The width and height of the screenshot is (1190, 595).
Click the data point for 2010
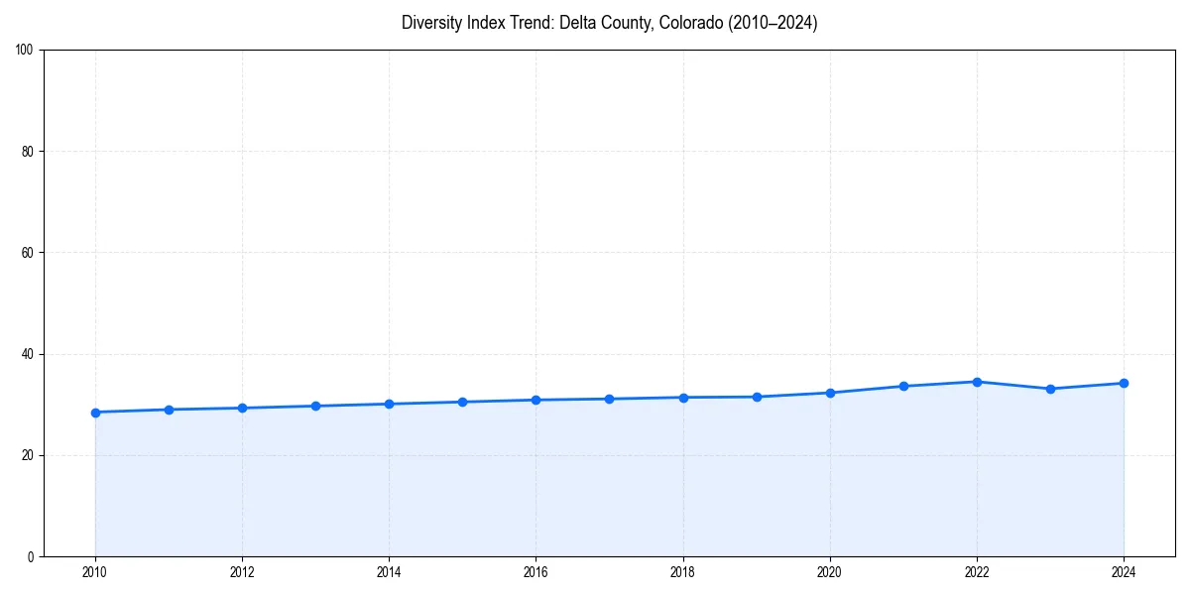click(x=95, y=413)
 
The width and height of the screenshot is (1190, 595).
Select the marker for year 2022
click(x=977, y=382)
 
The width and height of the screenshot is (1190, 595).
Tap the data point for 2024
click(x=1124, y=383)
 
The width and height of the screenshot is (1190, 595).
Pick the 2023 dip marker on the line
click(x=1050, y=389)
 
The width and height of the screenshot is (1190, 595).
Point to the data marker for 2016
click(x=535, y=400)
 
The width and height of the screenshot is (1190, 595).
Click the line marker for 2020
click(x=830, y=393)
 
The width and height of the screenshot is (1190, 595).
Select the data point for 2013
click(x=315, y=406)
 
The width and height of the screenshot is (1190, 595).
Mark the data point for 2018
click(x=683, y=398)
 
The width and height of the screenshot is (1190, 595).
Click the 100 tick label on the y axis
click(x=26, y=51)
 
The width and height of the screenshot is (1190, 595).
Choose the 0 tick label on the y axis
click(x=32, y=556)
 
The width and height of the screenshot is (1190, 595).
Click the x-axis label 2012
click(x=242, y=572)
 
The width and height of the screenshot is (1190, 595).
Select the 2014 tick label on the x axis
click(x=389, y=572)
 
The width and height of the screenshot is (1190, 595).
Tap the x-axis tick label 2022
click(x=977, y=572)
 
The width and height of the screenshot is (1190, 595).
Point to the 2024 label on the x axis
click(x=1124, y=572)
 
